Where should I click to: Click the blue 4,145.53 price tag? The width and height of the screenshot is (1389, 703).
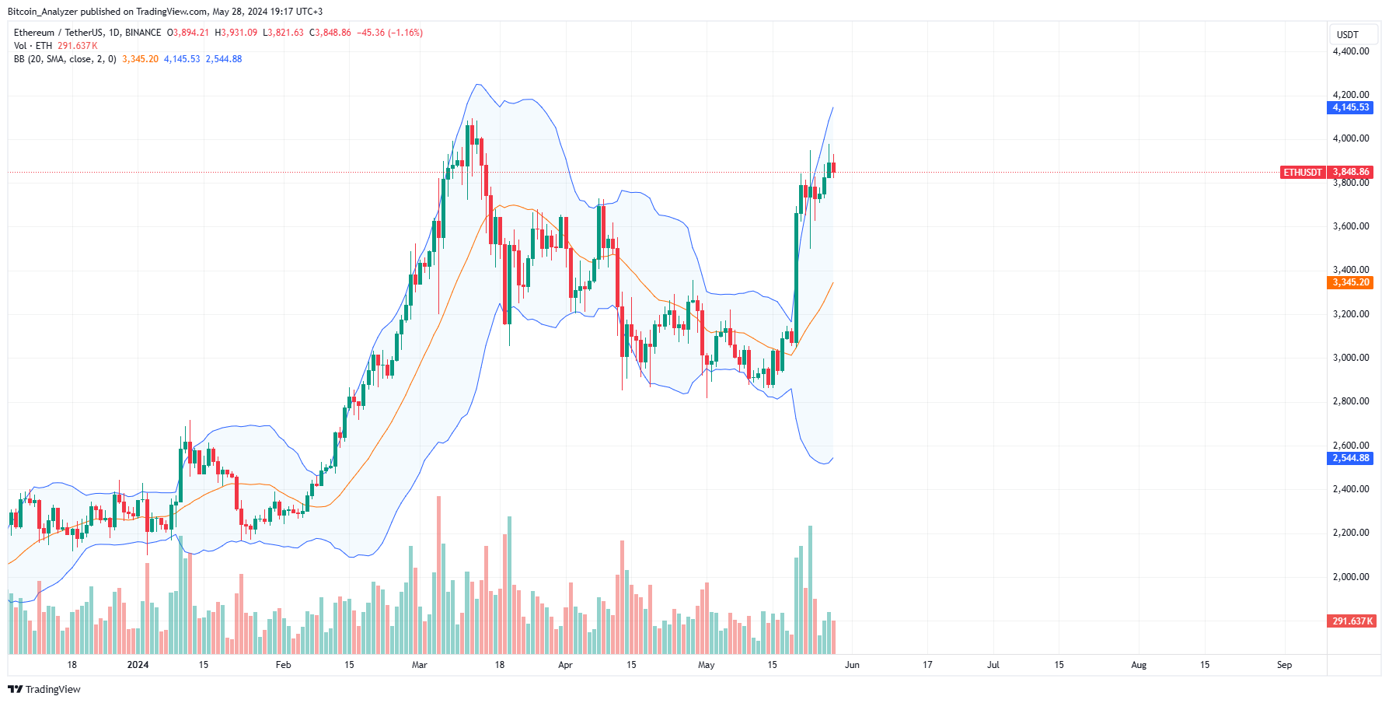[1350, 107]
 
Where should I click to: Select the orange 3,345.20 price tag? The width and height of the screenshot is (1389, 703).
[1350, 282]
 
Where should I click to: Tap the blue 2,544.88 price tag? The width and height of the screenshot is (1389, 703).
[1350, 458]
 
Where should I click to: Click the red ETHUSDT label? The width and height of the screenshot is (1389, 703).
[1302, 172]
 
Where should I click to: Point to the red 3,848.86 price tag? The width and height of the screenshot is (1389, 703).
[1351, 172]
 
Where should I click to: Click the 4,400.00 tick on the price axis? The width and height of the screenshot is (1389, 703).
[1350, 51]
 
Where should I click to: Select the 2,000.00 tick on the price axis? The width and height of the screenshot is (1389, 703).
[1350, 577]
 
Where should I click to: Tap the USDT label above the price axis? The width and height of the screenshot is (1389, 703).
[1347, 35]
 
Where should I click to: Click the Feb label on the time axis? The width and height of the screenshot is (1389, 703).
[283, 665]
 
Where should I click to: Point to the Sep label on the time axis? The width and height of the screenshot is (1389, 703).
[1284, 665]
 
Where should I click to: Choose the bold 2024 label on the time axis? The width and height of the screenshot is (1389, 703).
[138, 665]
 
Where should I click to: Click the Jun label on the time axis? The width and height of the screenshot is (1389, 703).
[852, 665]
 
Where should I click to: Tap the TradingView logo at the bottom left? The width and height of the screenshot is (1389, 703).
[44, 690]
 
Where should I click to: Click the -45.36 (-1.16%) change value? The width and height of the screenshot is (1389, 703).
[389, 33]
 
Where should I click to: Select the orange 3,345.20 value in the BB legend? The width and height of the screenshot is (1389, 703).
[140, 59]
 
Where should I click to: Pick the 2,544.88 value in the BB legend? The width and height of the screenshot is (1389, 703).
[224, 59]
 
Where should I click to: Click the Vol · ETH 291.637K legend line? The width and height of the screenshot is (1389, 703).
[56, 46]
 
